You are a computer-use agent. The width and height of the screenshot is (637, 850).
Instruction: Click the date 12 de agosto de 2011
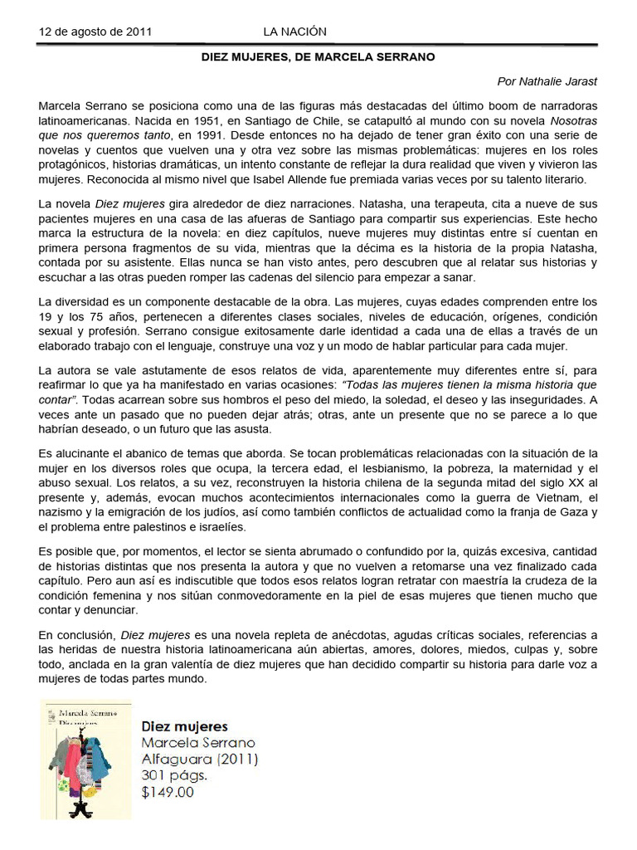(x=95, y=32)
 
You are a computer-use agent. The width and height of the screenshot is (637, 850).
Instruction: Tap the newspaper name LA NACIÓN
(x=294, y=32)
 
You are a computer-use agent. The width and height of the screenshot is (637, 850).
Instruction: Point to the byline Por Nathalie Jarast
(x=547, y=81)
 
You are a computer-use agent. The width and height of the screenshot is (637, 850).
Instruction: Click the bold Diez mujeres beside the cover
(x=184, y=726)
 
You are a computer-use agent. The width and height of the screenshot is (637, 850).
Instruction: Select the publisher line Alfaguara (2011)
(x=200, y=759)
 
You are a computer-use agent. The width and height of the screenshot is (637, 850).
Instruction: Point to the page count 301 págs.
(x=173, y=775)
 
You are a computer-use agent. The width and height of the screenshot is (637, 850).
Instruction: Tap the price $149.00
(x=168, y=792)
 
